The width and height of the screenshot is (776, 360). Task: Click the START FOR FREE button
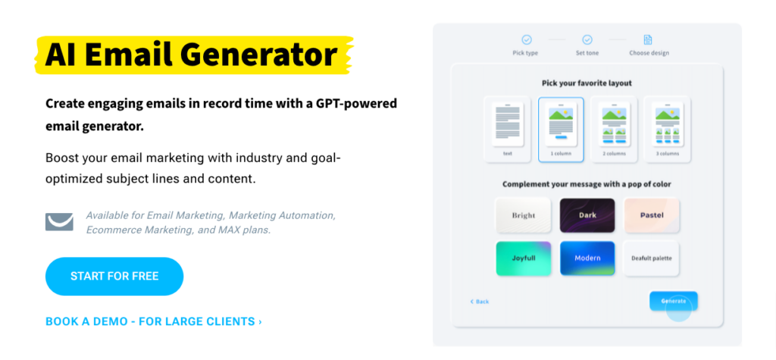(x=114, y=277)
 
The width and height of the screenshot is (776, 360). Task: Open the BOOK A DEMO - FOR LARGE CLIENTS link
(x=154, y=321)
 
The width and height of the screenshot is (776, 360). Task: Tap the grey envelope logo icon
(x=59, y=222)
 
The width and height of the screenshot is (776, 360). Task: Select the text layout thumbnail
(x=508, y=130)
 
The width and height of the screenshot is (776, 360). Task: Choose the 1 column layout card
(x=561, y=130)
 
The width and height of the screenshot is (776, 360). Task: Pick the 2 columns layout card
(x=614, y=130)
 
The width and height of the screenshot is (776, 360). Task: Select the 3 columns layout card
(x=667, y=130)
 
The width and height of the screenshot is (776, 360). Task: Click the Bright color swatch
(x=524, y=215)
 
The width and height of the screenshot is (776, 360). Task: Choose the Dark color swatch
(x=587, y=215)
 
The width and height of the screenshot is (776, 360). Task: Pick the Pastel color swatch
(x=651, y=215)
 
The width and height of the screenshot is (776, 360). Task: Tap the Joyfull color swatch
(x=524, y=258)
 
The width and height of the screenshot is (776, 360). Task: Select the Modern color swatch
(x=587, y=258)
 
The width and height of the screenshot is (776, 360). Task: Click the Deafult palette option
(x=651, y=258)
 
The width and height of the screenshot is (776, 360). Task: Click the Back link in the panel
(x=480, y=302)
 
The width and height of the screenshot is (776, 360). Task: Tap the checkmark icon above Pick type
(x=527, y=39)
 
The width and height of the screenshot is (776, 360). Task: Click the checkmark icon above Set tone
(x=587, y=39)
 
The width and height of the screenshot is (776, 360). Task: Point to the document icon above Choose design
(x=648, y=39)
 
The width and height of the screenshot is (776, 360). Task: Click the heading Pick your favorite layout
(x=587, y=83)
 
